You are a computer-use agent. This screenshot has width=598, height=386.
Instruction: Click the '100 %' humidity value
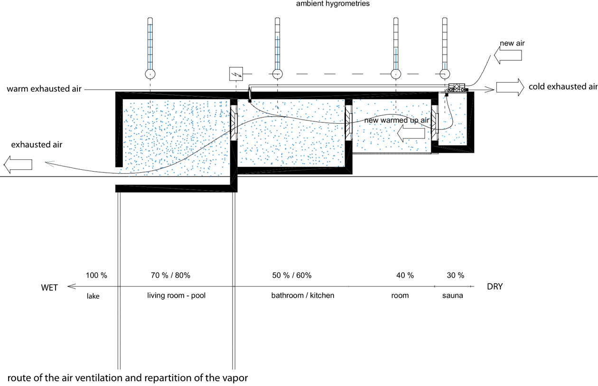(x=96, y=276)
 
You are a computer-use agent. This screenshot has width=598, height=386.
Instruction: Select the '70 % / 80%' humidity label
(x=170, y=276)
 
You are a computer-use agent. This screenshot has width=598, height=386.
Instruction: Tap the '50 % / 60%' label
(x=292, y=276)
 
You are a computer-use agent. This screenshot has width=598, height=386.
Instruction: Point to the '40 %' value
(x=405, y=276)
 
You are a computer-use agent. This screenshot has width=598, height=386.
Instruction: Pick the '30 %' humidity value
(x=456, y=276)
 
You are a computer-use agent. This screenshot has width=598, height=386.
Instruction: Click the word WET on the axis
(x=49, y=287)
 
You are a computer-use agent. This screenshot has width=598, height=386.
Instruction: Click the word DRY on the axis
(x=495, y=286)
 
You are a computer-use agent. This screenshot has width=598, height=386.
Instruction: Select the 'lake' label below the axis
(x=93, y=296)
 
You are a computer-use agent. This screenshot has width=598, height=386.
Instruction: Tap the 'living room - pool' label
(x=177, y=295)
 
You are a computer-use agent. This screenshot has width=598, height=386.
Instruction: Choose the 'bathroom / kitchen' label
(x=303, y=295)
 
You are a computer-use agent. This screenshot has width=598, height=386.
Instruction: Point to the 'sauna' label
(x=452, y=295)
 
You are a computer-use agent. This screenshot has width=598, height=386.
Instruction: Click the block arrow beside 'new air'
(x=507, y=55)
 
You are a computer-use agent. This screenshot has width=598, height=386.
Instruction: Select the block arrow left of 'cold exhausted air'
(x=510, y=87)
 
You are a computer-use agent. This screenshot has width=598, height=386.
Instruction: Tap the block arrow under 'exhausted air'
(x=18, y=165)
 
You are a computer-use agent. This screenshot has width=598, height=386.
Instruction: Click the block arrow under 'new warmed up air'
(x=411, y=133)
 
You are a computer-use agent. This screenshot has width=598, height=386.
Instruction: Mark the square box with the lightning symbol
(x=236, y=74)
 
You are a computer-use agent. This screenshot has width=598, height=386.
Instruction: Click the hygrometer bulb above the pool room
(x=150, y=74)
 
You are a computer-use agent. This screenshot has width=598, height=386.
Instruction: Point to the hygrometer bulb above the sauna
(x=445, y=74)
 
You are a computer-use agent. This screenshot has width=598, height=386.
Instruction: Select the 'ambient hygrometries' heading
(x=333, y=4)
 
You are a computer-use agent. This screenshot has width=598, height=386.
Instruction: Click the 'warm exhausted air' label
(x=44, y=89)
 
